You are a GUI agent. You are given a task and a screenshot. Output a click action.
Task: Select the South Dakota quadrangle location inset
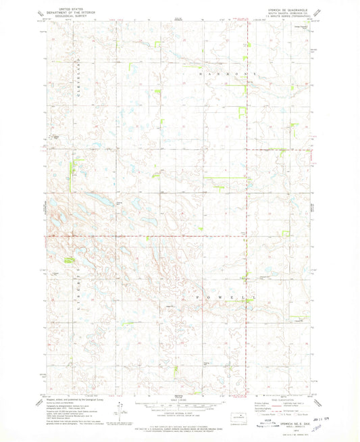(x=238, y=418)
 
